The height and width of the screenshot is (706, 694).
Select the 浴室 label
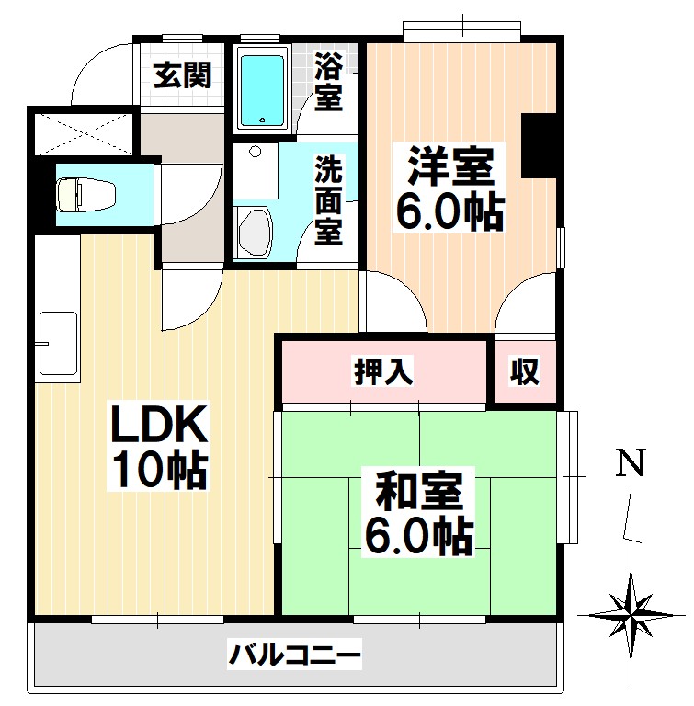(x=329, y=81)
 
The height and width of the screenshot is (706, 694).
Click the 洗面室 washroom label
(x=329, y=201)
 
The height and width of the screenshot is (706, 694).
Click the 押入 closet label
(x=384, y=372)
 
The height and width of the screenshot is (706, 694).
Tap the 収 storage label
(x=525, y=372)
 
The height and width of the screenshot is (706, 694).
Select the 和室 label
(x=418, y=491)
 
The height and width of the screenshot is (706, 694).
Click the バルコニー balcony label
(x=295, y=656)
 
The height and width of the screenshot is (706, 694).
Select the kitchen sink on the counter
(x=59, y=343)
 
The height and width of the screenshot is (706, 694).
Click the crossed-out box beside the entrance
(x=84, y=132)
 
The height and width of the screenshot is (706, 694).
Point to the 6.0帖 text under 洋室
(x=449, y=212)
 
